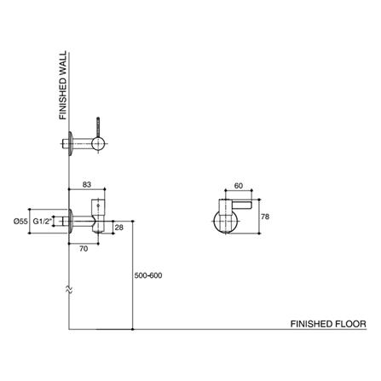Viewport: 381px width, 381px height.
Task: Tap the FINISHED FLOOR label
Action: [x=327, y=325]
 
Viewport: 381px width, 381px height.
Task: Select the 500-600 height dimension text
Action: [x=150, y=276]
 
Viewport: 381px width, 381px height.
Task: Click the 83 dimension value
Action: [x=88, y=184]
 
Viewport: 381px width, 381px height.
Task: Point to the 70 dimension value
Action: [x=83, y=248]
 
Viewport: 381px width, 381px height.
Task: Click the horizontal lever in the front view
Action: [x=241, y=205]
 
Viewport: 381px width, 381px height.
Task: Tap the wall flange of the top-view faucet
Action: [x=68, y=145]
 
